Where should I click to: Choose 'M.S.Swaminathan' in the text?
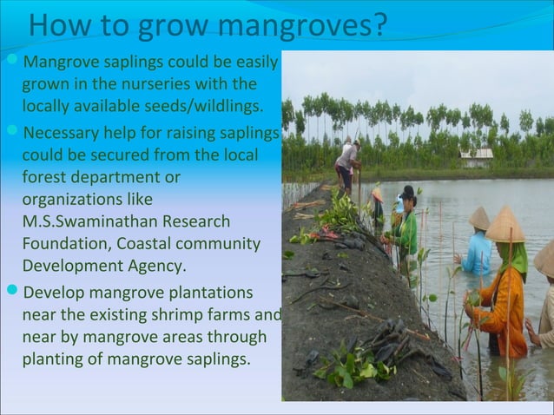pos(82,221)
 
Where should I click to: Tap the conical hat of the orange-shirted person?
pos(505,226)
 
